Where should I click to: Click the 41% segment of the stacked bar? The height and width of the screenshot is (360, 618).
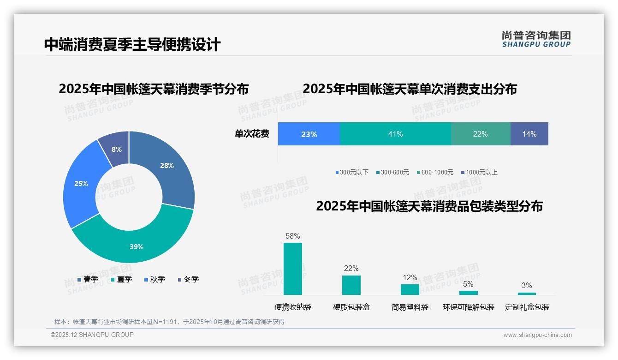[x=395, y=134]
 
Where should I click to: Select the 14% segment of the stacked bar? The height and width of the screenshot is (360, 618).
[x=529, y=134]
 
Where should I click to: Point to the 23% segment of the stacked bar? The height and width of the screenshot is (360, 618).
[x=309, y=134]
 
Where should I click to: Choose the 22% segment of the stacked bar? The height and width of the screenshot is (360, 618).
[x=480, y=134]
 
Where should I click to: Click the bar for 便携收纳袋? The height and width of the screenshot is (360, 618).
[x=292, y=269]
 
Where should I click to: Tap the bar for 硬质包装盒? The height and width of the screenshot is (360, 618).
[x=351, y=285]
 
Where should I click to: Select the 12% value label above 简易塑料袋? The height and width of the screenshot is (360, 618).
[x=410, y=277]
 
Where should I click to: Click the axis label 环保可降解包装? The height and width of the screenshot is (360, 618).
[x=468, y=307]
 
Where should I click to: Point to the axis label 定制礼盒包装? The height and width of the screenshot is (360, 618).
[x=527, y=307]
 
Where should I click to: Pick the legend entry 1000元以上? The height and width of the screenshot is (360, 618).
[x=481, y=172]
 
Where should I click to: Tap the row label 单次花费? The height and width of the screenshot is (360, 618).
[x=252, y=134]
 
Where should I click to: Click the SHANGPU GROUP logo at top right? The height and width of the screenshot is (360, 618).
[x=536, y=39]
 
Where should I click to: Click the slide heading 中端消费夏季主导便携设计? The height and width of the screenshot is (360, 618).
[x=132, y=44]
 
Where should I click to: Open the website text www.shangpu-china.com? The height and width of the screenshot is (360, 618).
[x=537, y=335]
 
